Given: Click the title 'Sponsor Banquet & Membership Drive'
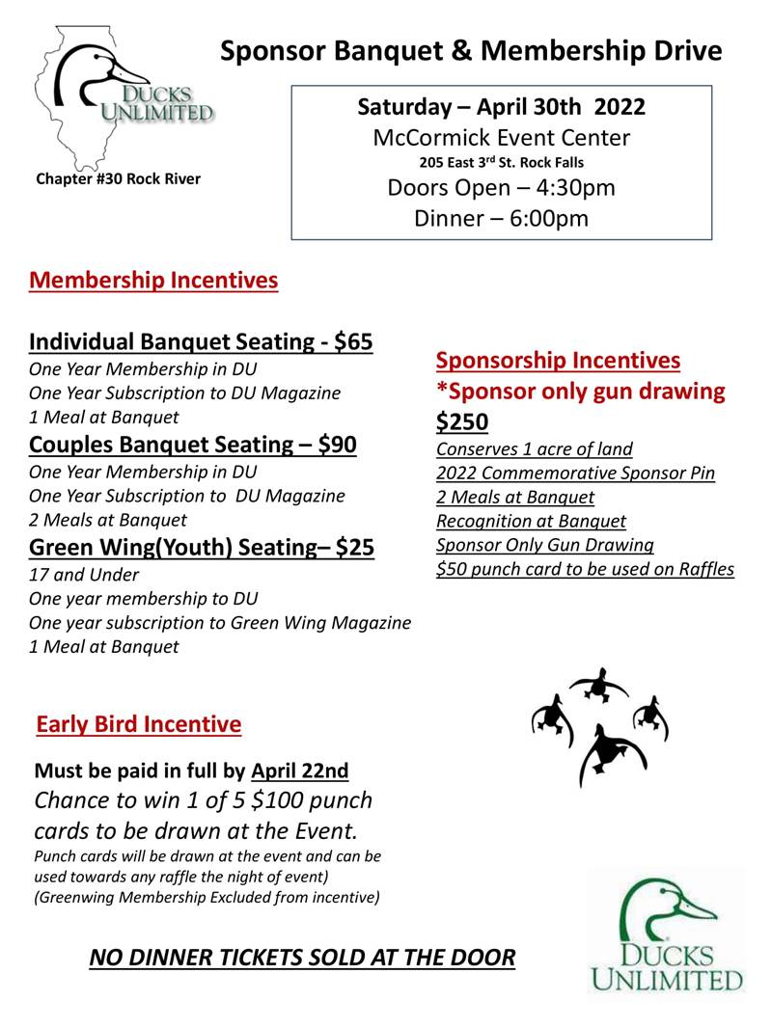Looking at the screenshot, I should (x=471, y=51).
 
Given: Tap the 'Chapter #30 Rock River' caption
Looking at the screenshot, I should (x=118, y=178).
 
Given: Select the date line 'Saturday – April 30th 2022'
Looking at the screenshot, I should (x=501, y=106).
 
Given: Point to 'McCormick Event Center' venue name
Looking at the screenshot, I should (x=501, y=137).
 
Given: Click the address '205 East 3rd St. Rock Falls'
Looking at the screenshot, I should (x=501, y=162).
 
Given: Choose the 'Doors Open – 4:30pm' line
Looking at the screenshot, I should (x=501, y=187).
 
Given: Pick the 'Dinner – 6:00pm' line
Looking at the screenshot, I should (x=501, y=218).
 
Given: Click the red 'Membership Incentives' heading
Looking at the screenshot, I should (x=153, y=281).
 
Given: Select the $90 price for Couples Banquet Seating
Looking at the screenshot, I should (x=337, y=445).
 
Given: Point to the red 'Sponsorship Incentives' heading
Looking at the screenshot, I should (x=558, y=361).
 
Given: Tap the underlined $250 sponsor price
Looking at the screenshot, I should (x=462, y=421).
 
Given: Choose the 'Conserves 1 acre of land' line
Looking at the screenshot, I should (x=535, y=448).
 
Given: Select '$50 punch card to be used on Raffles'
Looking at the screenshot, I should (x=585, y=569).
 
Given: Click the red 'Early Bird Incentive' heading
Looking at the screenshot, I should (x=139, y=723).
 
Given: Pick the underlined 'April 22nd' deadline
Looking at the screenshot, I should (x=299, y=771).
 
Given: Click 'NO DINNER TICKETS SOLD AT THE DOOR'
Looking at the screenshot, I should (x=302, y=958).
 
